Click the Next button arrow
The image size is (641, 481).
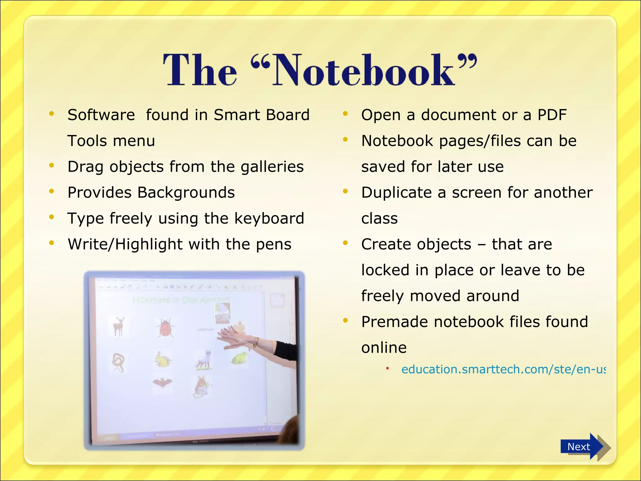(582, 447)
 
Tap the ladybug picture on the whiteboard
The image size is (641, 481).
(165, 328)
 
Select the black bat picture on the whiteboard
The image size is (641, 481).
(162, 382)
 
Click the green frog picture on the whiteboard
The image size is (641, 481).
(239, 358)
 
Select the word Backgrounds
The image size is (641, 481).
(186, 193)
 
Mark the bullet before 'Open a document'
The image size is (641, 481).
(345, 114)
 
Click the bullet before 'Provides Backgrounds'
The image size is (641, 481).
(52, 191)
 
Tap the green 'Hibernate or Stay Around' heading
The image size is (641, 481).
(182, 300)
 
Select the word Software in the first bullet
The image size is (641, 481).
(101, 115)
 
